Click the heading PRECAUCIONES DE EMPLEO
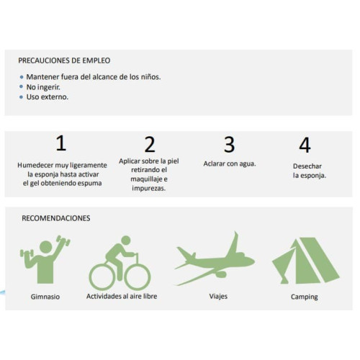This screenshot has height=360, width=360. point(64,60)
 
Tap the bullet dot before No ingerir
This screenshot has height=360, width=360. point(22,86)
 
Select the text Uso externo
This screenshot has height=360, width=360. point(48,97)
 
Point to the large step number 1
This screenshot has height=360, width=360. point(61,143)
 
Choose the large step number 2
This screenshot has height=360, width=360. point(150,145)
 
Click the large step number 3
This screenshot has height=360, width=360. point(229,145)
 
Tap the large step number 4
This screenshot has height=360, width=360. point(305,145)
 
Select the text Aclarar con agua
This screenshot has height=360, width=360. point(230,163)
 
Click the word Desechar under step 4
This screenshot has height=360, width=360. point(307,166)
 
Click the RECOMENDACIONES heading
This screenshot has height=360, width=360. point(56,218)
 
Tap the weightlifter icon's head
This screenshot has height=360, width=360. point(46,247)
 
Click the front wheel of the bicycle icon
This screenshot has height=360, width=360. point(138,276)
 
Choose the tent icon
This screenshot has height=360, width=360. point(305,261)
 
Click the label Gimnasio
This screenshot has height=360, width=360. point(45,297)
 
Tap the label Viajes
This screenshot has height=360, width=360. point(218,297)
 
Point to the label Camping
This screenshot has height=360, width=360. point(305,297)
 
